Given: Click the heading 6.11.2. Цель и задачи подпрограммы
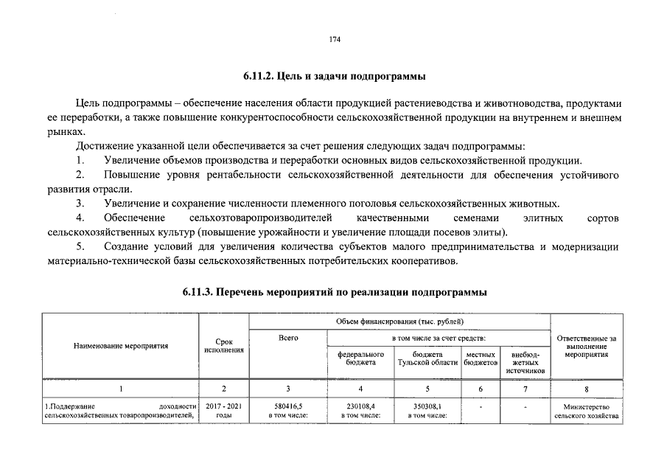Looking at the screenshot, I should point(334,76).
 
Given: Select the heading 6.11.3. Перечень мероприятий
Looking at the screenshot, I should point(334,293).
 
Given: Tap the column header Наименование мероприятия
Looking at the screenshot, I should point(121,345).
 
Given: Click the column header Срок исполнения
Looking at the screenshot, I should point(224,346).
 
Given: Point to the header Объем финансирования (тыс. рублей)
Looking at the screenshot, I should point(399,322).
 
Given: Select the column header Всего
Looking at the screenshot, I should point(288,338).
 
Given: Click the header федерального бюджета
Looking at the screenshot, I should point(360,358).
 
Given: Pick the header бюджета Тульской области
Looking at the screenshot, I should point(427,358).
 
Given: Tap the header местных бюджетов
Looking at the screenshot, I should point(481,358).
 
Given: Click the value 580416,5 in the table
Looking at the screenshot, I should point(288,406).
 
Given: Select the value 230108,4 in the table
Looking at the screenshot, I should point(360,406).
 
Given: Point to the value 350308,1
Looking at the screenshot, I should point(427,406).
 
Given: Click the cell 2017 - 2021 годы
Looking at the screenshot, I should point(224,410).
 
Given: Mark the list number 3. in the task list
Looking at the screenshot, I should point(80,203).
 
